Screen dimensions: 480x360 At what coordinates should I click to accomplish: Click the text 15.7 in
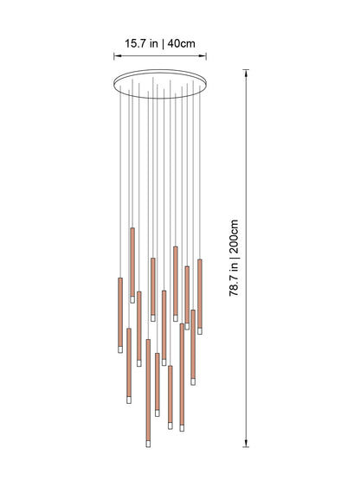coord(138,42)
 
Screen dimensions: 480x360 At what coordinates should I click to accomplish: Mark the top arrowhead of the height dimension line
coord(248,74)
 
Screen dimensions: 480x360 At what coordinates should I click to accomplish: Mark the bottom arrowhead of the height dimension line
coord(248,446)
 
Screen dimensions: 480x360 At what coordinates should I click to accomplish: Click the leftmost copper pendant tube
coord(119,311)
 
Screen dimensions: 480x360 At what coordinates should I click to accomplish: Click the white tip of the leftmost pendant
coord(119,349)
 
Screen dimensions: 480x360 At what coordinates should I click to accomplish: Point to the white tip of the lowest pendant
coord(148,443)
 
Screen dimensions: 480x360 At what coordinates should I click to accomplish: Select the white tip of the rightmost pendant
coord(200,330)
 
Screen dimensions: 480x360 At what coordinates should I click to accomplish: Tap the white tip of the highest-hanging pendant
coord(132,299)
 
